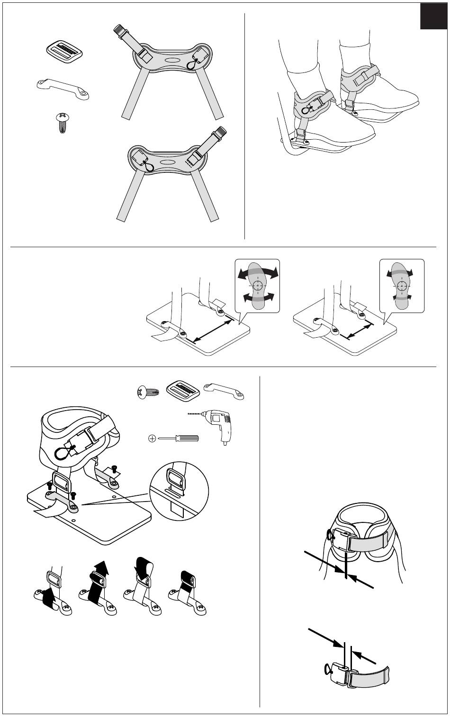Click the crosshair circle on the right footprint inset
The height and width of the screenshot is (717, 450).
click(x=402, y=286)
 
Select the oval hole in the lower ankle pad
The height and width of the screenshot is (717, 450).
click(x=168, y=162)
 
